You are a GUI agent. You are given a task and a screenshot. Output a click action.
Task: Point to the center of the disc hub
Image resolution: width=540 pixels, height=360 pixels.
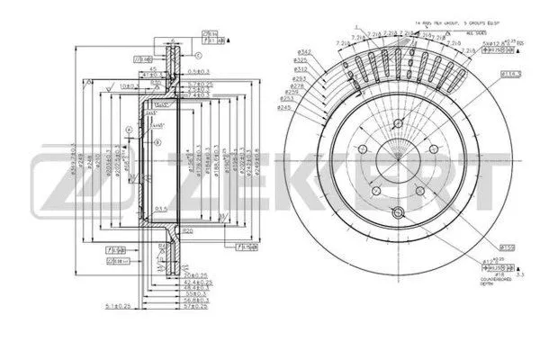click(397, 171)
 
